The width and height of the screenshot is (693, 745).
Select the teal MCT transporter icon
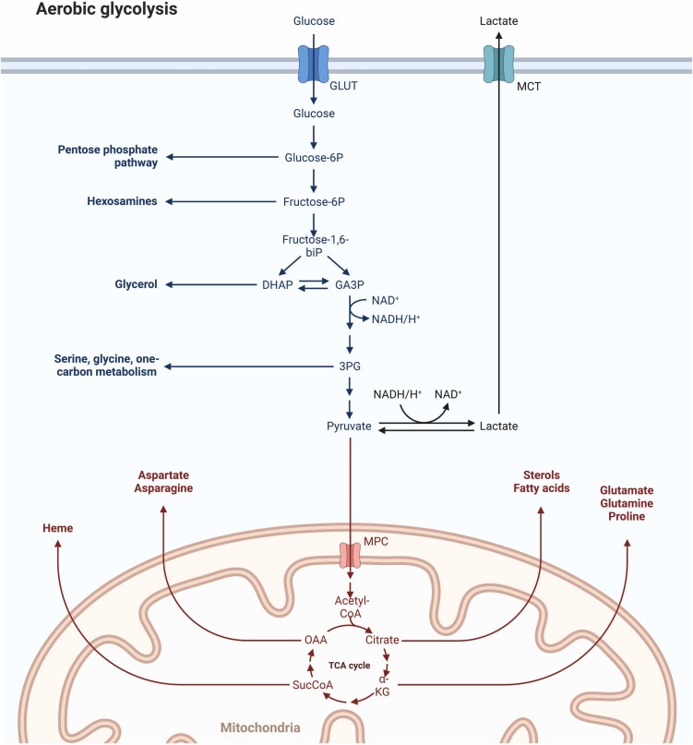[x=499, y=66]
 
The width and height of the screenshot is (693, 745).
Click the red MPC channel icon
[x=350, y=555]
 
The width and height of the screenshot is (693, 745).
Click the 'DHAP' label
[x=277, y=285]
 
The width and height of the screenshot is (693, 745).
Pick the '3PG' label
[x=350, y=367]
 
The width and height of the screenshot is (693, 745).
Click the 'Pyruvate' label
[x=350, y=426]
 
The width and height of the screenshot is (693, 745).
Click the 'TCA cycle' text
[x=349, y=662]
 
